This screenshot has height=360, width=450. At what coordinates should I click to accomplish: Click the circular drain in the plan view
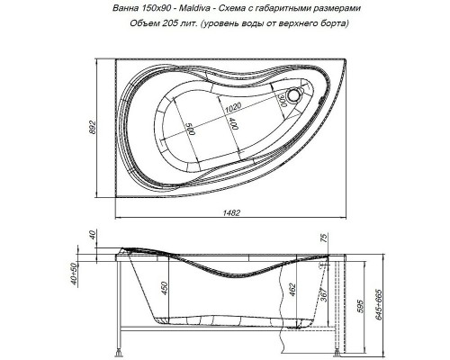click(296, 94)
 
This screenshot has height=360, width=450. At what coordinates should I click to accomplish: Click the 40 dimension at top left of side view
click(94, 236)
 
